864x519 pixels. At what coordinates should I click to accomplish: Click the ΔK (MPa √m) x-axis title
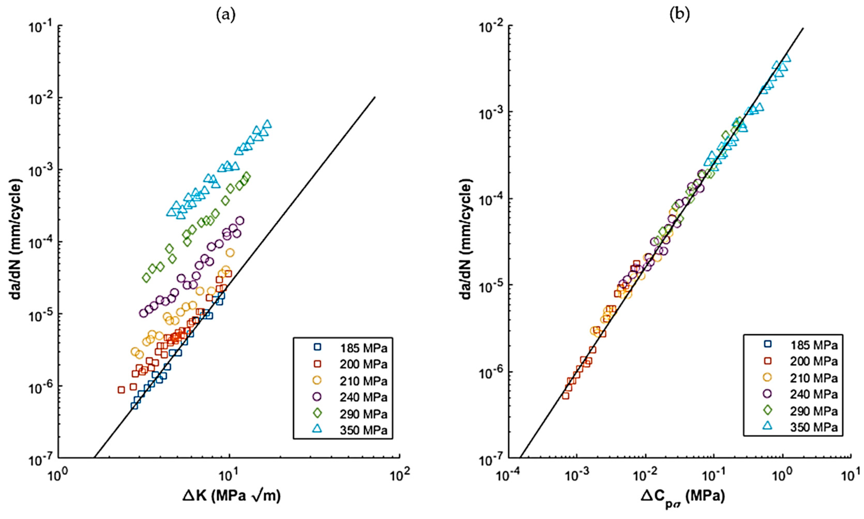[231, 496]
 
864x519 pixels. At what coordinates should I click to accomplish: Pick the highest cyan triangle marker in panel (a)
[267, 124]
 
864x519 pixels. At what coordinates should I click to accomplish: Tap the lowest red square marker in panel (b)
[565, 395]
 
